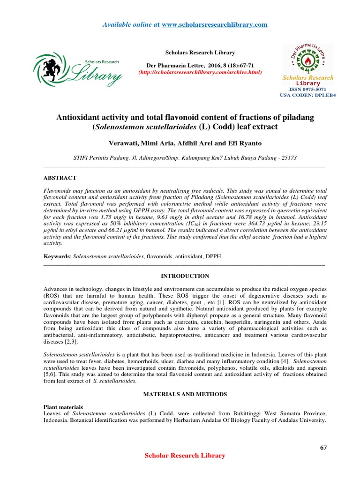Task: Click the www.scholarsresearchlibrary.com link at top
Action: tap(214, 24)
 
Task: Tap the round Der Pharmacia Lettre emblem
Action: tap(307, 59)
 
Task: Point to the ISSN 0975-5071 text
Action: tap(307, 89)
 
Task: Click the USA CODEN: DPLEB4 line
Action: tap(307, 95)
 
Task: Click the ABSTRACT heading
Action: tap(60, 178)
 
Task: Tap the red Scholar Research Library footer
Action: tap(185, 456)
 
